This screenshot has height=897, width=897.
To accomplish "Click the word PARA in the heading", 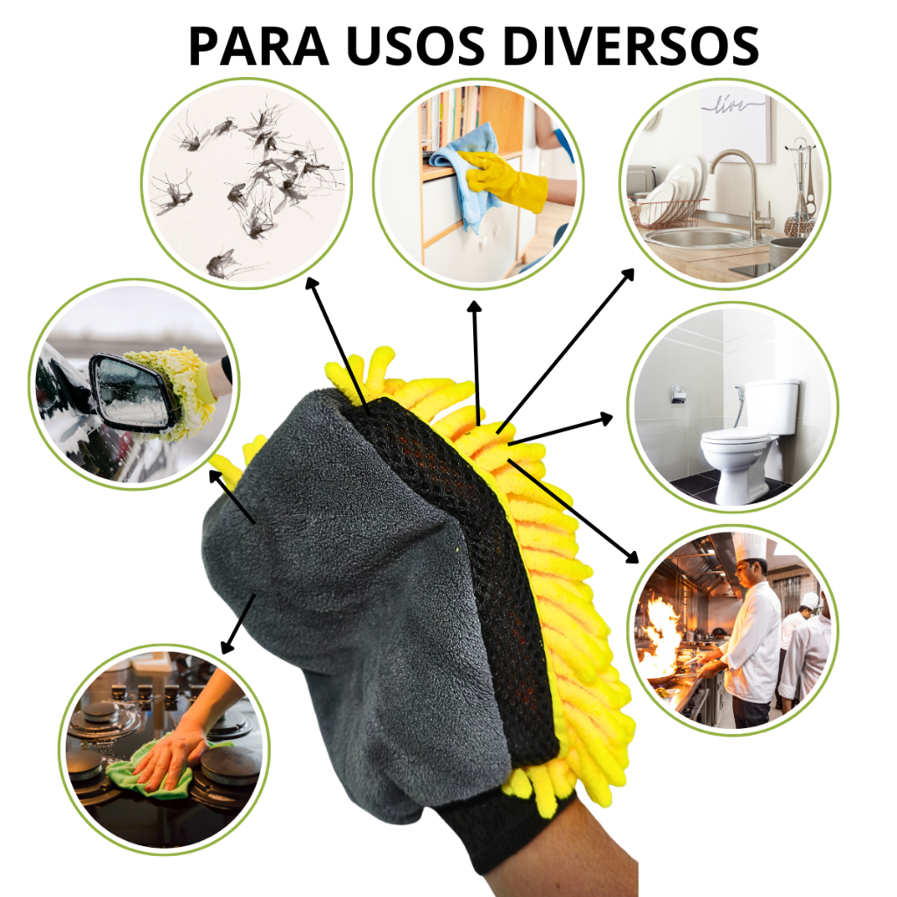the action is coord(258,46).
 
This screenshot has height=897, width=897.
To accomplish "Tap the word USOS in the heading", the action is coord(415,46).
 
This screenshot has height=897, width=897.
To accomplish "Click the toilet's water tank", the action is coord(772,406).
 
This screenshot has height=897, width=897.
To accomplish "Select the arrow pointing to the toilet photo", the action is coord(560,429).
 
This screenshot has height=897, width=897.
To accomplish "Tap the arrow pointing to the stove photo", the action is coord(238,624).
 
